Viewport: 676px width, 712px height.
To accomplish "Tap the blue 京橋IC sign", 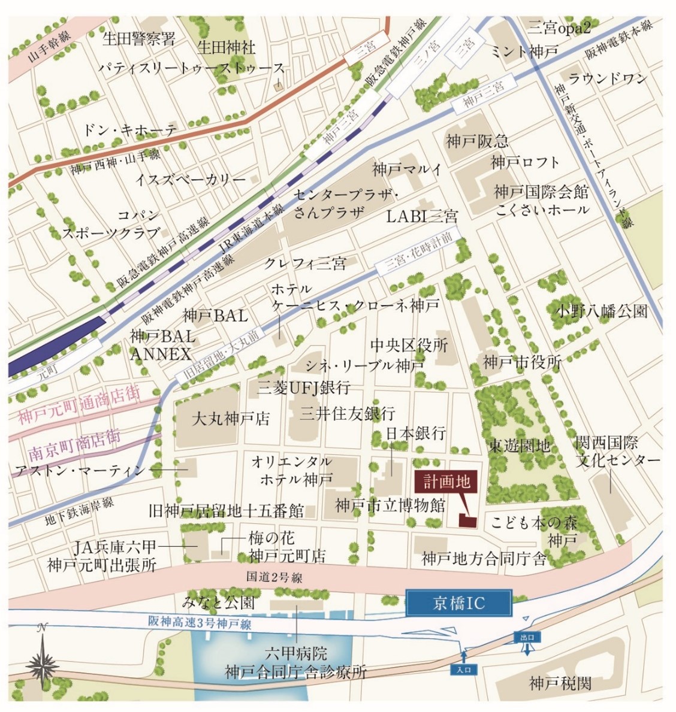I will tap(459, 603).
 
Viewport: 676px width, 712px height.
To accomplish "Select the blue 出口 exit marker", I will tap(527, 637).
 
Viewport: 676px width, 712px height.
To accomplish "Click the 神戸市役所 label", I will tap(523, 362).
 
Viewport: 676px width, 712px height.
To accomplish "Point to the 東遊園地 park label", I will tap(519, 446).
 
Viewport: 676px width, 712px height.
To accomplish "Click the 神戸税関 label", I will tap(560, 683).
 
